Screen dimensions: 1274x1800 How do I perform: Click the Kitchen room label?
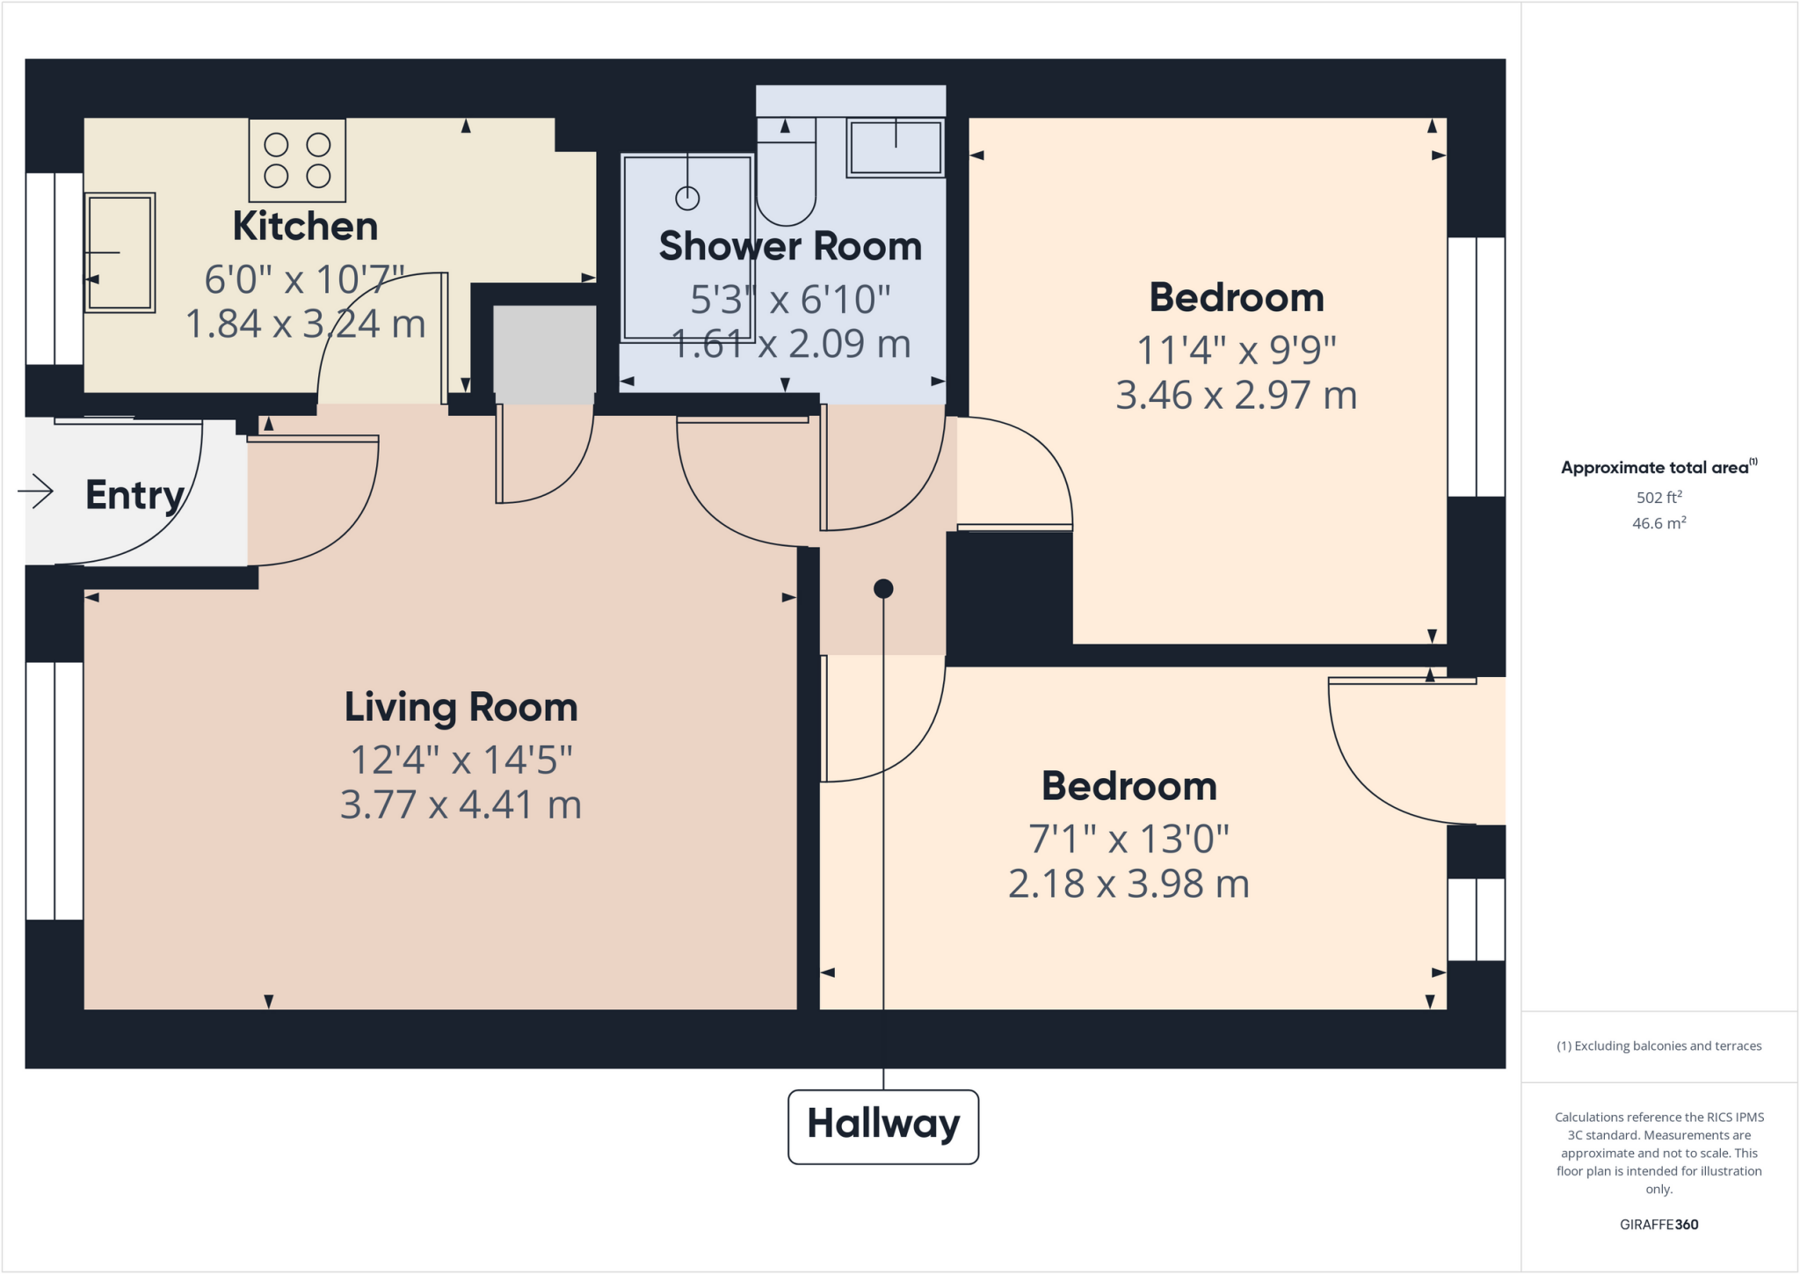click(x=305, y=227)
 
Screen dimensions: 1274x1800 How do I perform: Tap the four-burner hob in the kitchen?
click(x=297, y=161)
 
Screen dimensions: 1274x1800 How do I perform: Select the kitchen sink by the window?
click(x=120, y=253)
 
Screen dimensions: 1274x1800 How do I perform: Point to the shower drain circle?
click(x=687, y=199)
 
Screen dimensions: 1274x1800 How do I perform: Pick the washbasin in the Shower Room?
click(x=896, y=148)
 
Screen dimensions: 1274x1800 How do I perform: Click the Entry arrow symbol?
click(x=36, y=491)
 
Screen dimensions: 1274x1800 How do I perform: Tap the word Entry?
click(x=134, y=495)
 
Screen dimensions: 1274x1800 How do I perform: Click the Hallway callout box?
click(x=882, y=1125)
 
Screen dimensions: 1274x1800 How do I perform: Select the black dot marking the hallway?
click(x=883, y=589)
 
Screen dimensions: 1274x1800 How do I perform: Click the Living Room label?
click(x=461, y=708)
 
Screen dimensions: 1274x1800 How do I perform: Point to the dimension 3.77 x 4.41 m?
click(x=461, y=805)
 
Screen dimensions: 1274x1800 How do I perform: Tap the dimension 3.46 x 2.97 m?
click(x=1236, y=396)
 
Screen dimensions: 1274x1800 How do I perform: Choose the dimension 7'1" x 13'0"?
click(x=1129, y=839)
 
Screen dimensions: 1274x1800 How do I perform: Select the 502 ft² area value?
click(x=1658, y=498)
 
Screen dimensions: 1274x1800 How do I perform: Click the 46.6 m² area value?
click(x=1658, y=524)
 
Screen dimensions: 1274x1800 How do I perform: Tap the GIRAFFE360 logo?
click(x=1658, y=1225)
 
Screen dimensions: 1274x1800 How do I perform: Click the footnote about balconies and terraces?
click(x=1658, y=1046)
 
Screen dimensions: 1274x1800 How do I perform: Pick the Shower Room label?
click(x=790, y=247)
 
